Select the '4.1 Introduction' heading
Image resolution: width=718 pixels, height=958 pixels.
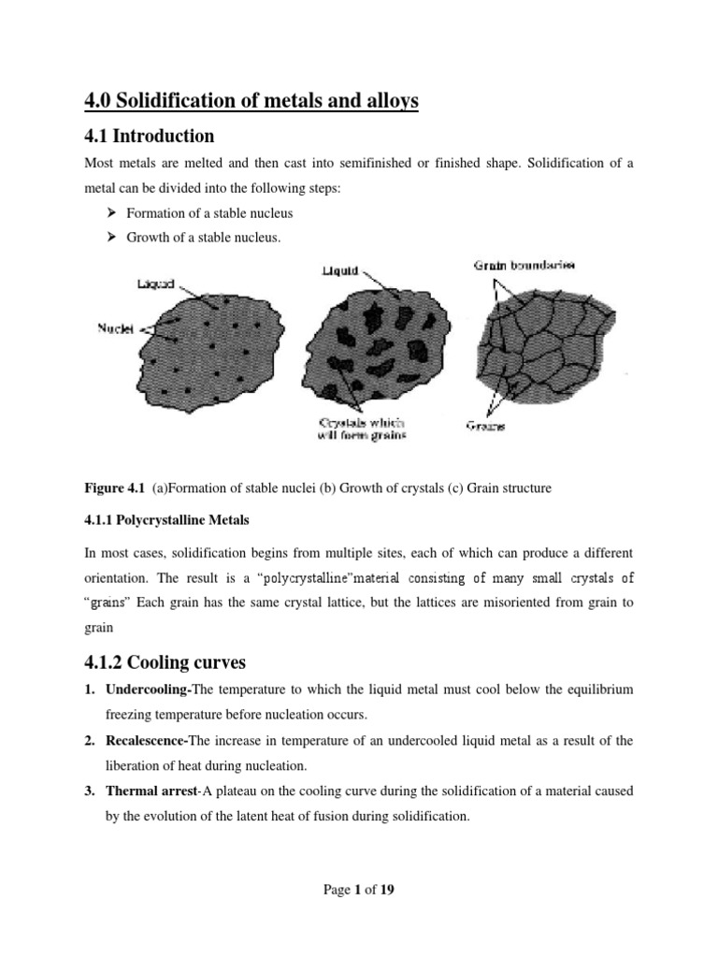149,136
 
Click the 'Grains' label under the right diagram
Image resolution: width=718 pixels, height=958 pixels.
487,427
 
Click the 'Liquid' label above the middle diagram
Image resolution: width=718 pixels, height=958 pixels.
340,271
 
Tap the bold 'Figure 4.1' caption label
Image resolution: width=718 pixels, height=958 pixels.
110,487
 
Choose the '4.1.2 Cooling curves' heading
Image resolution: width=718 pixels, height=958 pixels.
165,661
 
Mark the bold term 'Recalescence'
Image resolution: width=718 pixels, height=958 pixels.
151,740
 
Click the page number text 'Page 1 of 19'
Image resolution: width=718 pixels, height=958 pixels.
358,890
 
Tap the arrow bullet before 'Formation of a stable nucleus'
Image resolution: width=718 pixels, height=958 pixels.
108,214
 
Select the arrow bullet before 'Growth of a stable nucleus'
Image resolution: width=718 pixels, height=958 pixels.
108,239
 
